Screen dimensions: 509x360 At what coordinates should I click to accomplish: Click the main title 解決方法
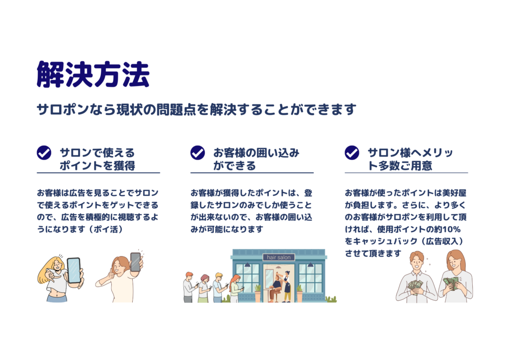[x=93, y=75]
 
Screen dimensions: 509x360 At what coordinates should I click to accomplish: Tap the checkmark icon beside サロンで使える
[x=44, y=153]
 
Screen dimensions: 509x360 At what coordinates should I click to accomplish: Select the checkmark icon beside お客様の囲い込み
[x=197, y=153]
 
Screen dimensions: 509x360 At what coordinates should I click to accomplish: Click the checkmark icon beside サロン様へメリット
[x=352, y=153]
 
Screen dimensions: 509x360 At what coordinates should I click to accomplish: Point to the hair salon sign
[x=278, y=258]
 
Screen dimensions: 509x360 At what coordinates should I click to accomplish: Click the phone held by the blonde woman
[x=74, y=270]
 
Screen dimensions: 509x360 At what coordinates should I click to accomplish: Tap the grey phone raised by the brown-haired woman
[x=135, y=262]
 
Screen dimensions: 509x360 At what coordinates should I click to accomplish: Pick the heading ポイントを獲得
[x=97, y=166]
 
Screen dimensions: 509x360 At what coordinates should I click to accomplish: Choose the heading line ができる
[x=235, y=166]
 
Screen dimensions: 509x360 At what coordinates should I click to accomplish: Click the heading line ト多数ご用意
[x=400, y=166]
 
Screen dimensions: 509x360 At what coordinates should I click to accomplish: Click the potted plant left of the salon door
[x=258, y=293]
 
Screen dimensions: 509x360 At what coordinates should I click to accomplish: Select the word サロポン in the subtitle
[x=63, y=110]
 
